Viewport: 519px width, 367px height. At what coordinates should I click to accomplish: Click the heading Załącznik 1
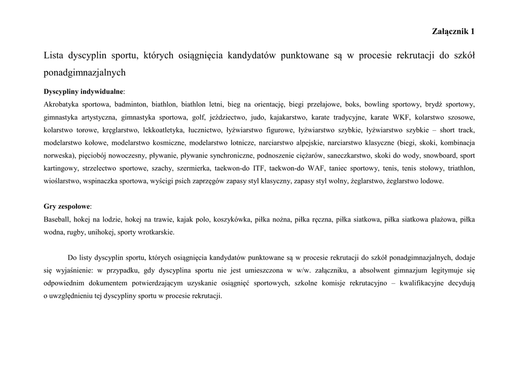click(x=453, y=31)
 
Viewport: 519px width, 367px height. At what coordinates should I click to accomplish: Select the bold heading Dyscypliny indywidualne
click(x=84, y=92)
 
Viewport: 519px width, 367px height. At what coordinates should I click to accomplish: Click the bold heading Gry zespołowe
click(x=67, y=207)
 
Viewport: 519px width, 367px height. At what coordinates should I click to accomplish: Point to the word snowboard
click(x=441, y=155)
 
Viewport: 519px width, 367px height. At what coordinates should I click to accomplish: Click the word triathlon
click(x=462, y=168)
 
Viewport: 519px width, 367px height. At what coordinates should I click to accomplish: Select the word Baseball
click(x=57, y=219)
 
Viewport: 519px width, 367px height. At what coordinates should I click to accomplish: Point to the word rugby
click(x=74, y=232)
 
